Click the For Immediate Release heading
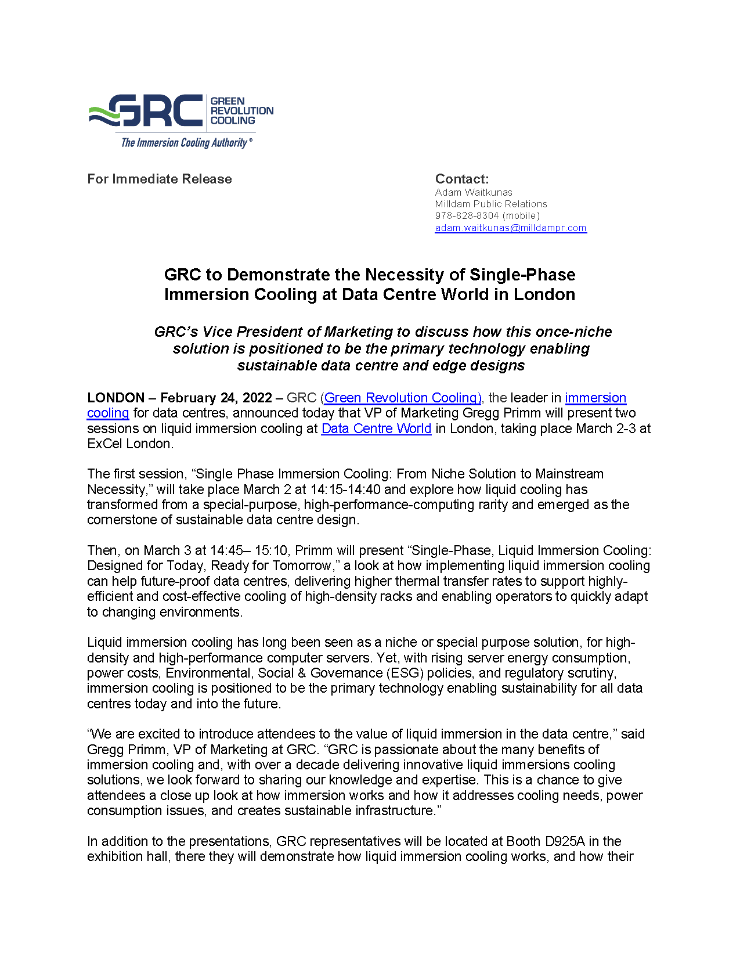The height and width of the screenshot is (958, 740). (160, 179)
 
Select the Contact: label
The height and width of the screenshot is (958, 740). (462, 179)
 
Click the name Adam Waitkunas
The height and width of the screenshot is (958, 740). (474, 192)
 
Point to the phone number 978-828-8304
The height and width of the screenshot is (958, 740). (467, 215)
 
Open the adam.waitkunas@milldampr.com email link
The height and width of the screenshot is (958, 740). (511, 228)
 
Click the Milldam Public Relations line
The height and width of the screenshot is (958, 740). (491, 204)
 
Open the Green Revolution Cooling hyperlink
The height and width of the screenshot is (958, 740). (403, 398)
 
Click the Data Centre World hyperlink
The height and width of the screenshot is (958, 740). (376, 428)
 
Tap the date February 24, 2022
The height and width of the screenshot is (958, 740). (216, 398)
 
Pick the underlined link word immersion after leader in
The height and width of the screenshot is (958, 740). (595, 398)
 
